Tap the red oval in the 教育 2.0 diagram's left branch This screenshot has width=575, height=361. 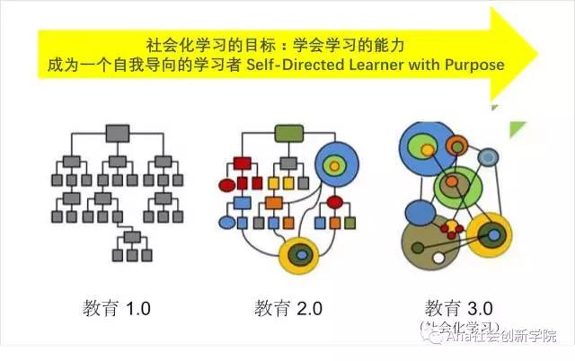tap(227, 186)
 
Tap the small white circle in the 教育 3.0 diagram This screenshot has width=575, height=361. tap(439, 259)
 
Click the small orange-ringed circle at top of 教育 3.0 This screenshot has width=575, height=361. tap(457, 145)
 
